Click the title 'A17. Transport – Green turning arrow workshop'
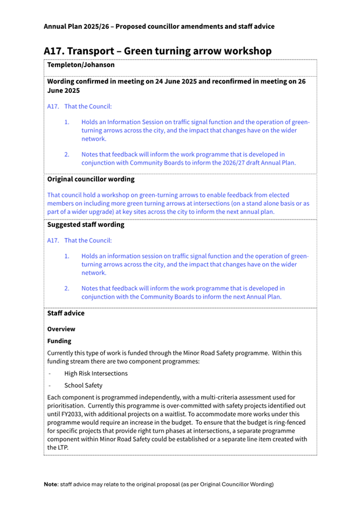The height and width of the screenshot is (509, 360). (x=157, y=51)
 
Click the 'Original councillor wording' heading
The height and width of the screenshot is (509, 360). (x=91, y=179)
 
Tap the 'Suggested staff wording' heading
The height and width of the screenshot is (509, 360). (x=85, y=224)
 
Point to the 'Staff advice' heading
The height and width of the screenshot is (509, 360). (x=66, y=313)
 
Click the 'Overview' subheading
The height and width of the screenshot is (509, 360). (x=61, y=329)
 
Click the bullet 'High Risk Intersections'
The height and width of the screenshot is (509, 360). (x=96, y=373)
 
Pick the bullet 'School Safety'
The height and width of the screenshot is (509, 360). (x=83, y=385)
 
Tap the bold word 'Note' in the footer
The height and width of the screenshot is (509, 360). (x=51, y=484)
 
